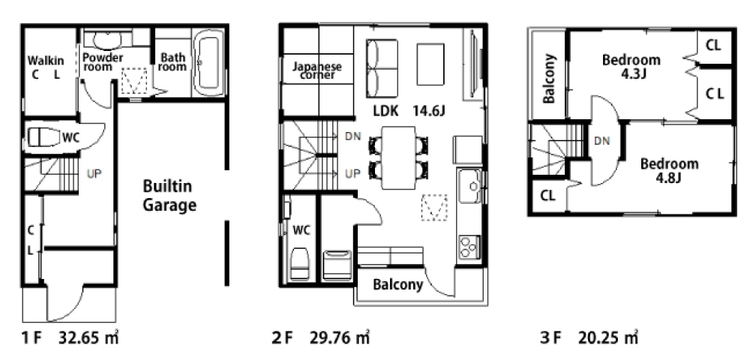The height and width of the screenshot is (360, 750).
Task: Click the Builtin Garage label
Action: (169, 196)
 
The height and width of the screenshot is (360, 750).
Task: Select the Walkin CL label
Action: (46, 67)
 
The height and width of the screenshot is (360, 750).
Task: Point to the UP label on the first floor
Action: (94, 173)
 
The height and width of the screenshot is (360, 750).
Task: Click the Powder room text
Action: (102, 61)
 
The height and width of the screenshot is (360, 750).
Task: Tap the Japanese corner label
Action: (317, 70)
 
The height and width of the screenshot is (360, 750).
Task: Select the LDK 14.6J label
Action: (409, 112)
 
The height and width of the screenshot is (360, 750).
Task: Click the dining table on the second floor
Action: (398, 157)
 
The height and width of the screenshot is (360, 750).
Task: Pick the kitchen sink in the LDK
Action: (469, 186)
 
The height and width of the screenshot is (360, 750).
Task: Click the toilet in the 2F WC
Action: (299, 263)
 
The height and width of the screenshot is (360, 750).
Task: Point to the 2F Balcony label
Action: (398, 285)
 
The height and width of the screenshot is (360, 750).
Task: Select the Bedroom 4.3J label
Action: (631, 67)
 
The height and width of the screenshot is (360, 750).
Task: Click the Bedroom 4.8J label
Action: (669, 170)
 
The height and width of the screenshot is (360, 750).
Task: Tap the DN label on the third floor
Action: (602, 141)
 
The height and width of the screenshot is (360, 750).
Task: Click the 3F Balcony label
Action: (549, 79)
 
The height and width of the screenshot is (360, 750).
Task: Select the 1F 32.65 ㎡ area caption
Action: (70, 338)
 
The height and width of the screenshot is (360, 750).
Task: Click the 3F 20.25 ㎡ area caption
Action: (589, 338)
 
